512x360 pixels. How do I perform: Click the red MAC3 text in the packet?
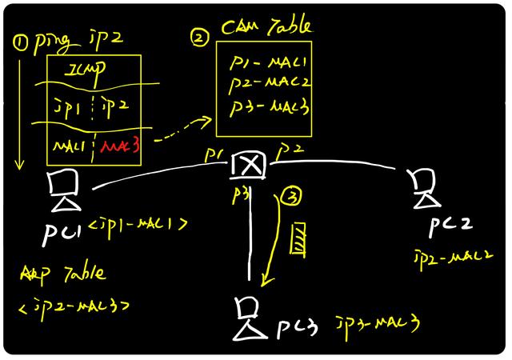(x=119, y=147)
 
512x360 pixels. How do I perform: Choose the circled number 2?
(x=198, y=36)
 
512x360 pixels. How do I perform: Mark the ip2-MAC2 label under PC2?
(x=446, y=257)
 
